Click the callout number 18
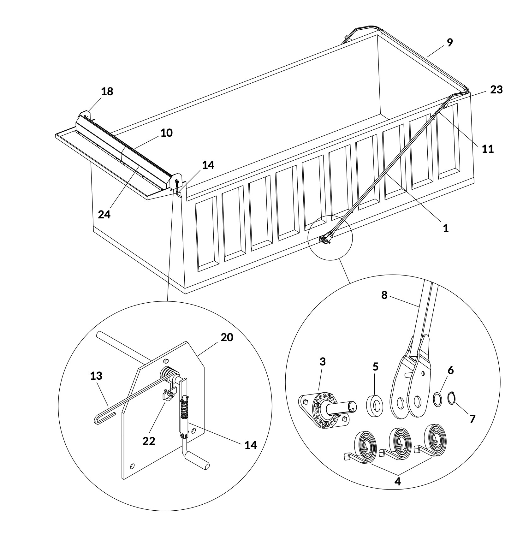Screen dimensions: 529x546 (x=107, y=92)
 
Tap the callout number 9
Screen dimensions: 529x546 (x=450, y=42)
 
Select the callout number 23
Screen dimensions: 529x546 (x=496, y=90)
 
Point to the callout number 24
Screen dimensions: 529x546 (x=104, y=215)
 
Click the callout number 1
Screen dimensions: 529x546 (x=446, y=228)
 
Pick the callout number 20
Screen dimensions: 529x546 (x=227, y=337)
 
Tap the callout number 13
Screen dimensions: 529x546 (x=96, y=376)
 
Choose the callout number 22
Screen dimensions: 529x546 (x=149, y=441)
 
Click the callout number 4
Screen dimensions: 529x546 (x=397, y=482)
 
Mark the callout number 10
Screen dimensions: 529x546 (x=167, y=133)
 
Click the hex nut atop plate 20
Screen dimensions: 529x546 (x=167, y=360)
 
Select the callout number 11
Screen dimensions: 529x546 (x=488, y=149)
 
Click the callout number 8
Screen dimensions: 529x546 (x=384, y=295)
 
